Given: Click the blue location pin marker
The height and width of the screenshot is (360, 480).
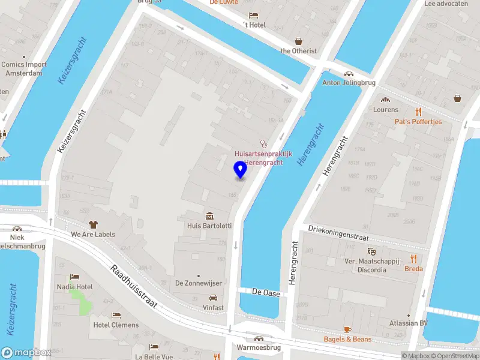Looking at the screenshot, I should (x=240, y=170).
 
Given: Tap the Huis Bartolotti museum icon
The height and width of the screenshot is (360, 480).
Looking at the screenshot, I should (x=209, y=216).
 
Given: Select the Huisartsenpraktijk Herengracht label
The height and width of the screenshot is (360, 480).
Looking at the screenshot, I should (x=263, y=158).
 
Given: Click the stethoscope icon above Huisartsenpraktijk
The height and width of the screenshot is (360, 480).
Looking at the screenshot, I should (x=262, y=143).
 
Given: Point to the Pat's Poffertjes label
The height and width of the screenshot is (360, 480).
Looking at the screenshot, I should (x=418, y=122).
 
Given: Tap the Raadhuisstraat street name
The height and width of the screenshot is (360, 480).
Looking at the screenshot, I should (x=134, y=287).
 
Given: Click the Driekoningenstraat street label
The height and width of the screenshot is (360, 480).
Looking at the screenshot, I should (x=338, y=233).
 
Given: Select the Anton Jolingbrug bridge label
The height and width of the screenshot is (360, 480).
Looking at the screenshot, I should (x=348, y=83).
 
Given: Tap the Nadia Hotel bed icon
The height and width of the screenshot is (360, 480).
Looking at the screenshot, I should (x=74, y=277).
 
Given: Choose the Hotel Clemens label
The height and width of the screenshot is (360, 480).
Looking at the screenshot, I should (x=116, y=325).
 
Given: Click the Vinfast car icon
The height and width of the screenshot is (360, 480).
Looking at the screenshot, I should (x=212, y=298).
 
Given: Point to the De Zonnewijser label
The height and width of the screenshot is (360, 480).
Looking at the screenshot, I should (x=199, y=283).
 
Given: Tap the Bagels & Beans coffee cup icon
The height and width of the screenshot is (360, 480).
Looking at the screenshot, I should (x=347, y=329).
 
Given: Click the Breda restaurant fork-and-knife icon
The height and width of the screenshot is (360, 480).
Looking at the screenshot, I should (x=413, y=259).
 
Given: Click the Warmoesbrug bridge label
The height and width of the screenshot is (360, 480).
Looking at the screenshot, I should (x=259, y=347).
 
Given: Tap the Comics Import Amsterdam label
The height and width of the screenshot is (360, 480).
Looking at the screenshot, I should (x=24, y=68).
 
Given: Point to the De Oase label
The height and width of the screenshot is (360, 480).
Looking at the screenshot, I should (x=265, y=292).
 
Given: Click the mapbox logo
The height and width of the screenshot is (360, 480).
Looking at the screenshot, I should (x=26, y=353).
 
